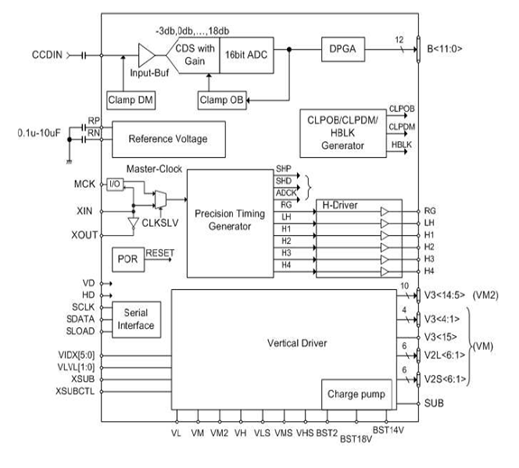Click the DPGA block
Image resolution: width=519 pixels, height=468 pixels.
coord(343,50)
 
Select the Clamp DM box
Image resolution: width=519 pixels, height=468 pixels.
coord(131,100)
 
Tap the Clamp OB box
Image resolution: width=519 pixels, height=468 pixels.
coord(222,100)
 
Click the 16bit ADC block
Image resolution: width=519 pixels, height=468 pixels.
coord(246,55)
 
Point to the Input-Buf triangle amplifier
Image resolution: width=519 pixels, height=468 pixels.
coord(146,55)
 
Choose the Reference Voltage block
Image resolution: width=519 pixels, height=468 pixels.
coord(169,139)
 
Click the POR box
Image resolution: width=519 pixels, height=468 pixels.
coord(128,259)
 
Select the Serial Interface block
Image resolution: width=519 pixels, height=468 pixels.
coord(136,319)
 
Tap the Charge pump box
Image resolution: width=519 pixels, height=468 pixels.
coord(357,394)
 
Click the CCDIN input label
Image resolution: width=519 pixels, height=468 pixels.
coord(47,55)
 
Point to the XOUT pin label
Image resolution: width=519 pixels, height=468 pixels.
coord(85,235)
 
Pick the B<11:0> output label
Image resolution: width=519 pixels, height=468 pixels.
coord(444,49)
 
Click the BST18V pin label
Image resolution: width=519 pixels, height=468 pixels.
coord(356,439)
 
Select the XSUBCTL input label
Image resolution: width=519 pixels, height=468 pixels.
coord(75,391)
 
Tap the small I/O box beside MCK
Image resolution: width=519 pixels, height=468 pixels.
coord(115,184)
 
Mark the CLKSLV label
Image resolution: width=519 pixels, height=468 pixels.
coord(160,223)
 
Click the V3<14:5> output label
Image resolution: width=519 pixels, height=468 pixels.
coord(444,295)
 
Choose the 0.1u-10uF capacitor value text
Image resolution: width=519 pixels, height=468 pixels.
coord(39,133)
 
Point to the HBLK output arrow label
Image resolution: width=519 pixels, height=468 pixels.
coord(402,145)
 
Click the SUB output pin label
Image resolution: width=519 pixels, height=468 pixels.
coord(434,404)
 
